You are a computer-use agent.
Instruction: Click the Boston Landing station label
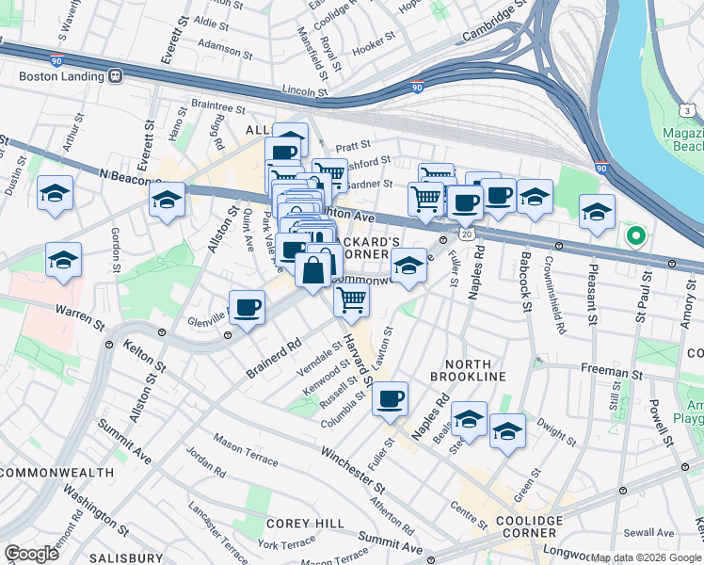pos(52,74)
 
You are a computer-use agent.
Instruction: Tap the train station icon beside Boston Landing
pos(115,74)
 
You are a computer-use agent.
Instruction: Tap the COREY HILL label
pos(296,523)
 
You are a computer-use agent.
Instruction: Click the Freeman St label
pos(611,374)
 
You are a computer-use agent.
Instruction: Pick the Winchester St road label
pos(352,470)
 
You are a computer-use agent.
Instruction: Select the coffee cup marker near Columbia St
pos(390,398)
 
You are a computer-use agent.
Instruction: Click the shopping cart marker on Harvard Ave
pos(351,299)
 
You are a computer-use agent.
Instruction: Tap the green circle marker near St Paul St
pos(635,236)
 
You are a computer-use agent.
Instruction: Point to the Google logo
pos(32,553)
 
